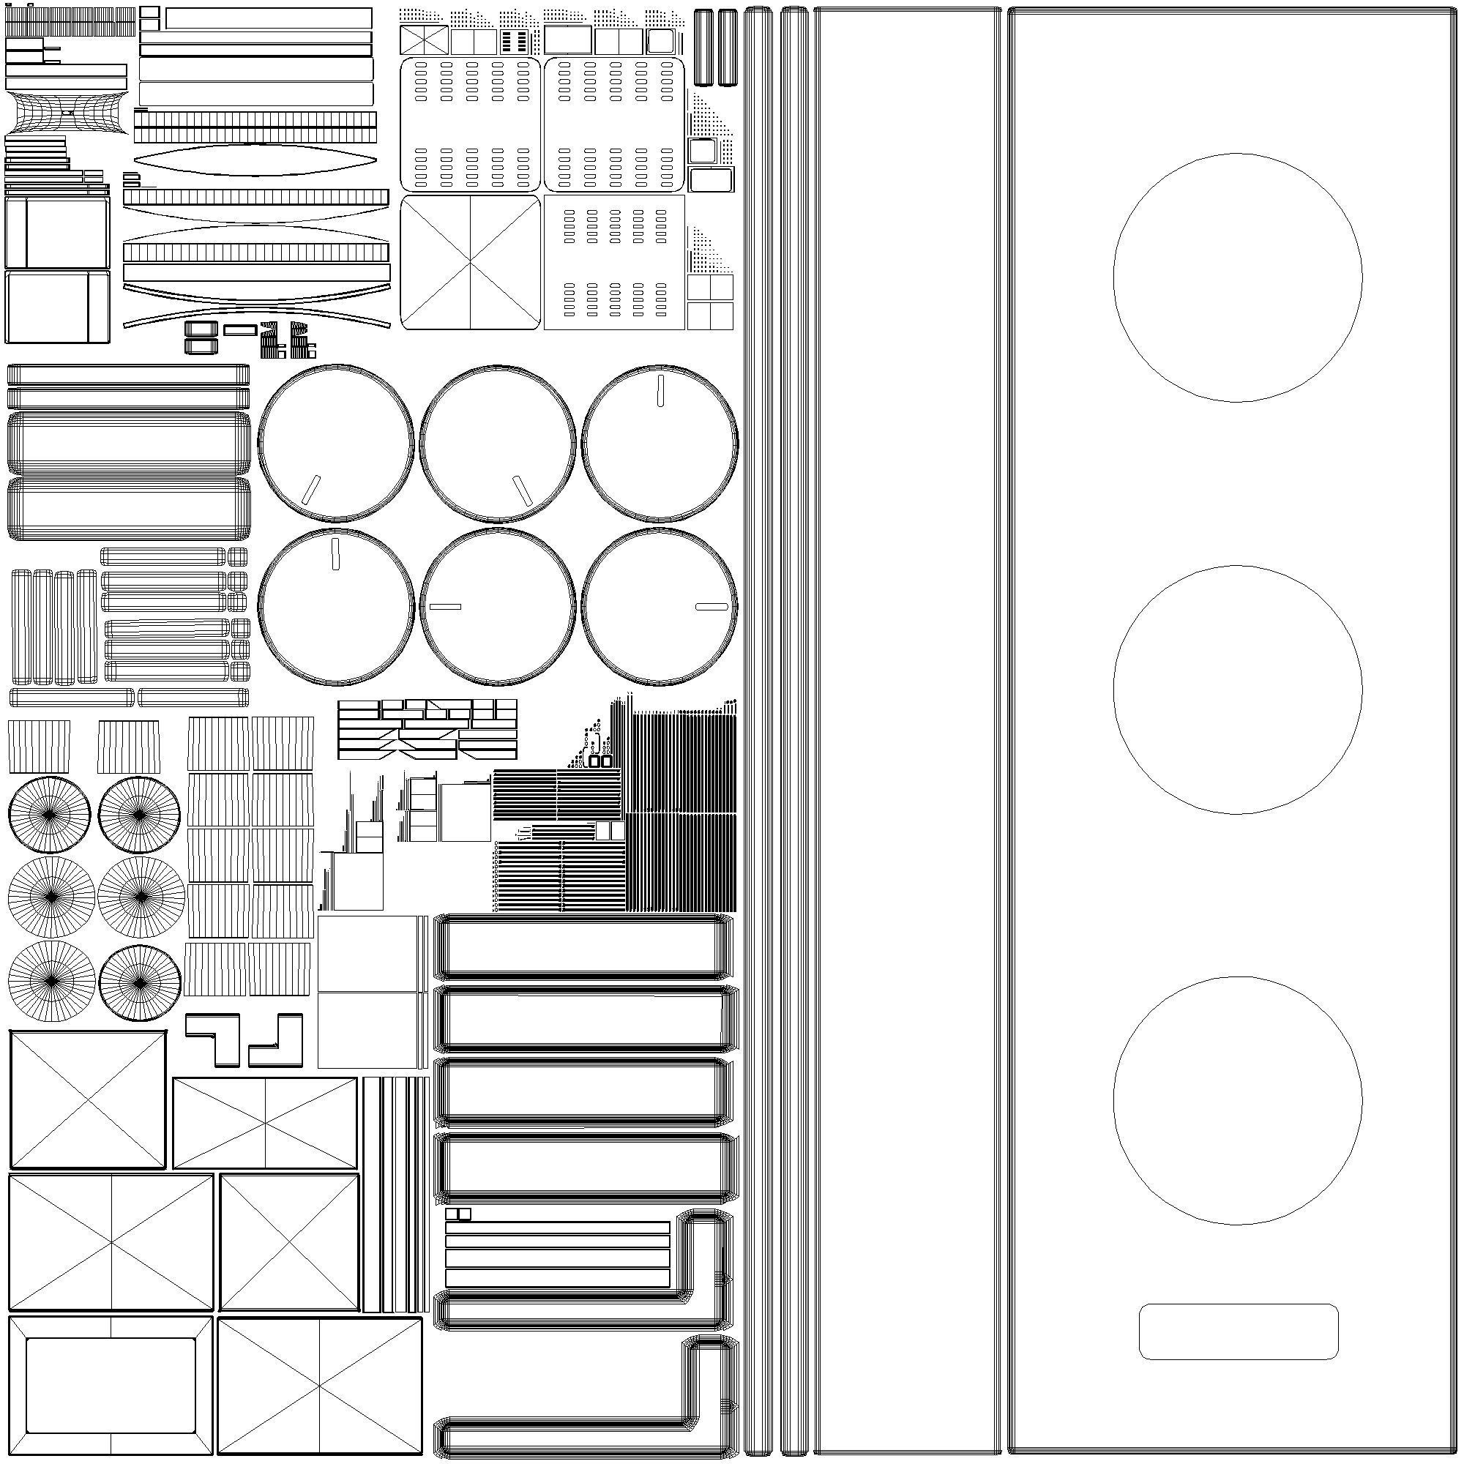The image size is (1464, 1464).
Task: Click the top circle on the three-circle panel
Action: pyautogui.click(x=1236, y=277)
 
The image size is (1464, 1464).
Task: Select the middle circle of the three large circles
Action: pyautogui.click(x=1236, y=690)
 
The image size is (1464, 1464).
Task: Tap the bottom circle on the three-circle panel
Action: pyautogui.click(x=1236, y=1100)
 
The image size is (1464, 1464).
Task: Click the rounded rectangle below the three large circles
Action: pyautogui.click(x=1239, y=1332)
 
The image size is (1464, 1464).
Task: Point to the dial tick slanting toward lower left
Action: pyautogui.click(x=310, y=490)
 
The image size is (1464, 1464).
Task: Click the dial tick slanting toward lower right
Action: pyautogui.click(x=521, y=490)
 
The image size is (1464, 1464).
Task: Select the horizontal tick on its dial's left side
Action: pyautogui.click(x=445, y=606)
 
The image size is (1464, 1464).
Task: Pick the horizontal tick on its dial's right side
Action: pyautogui.click(x=711, y=606)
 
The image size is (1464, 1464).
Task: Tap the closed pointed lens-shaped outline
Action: pyautogui.click(x=255, y=160)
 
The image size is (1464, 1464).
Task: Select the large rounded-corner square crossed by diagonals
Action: pyautogui.click(x=470, y=262)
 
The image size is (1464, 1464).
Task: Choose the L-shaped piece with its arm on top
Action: pyautogui.click(x=213, y=1038)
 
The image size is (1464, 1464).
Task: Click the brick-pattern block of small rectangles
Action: pyautogui.click(x=427, y=729)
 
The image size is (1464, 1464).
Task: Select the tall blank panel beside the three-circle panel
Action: pyautogui.click(x=907, y=732)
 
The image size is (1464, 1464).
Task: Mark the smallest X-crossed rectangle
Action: pyautogui.click(x=424, y=40)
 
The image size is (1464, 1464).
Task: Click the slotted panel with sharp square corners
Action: pyautogui.click(x=614, y=262)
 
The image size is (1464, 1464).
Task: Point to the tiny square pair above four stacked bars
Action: pyautogui.click(x=457, y=1213)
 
